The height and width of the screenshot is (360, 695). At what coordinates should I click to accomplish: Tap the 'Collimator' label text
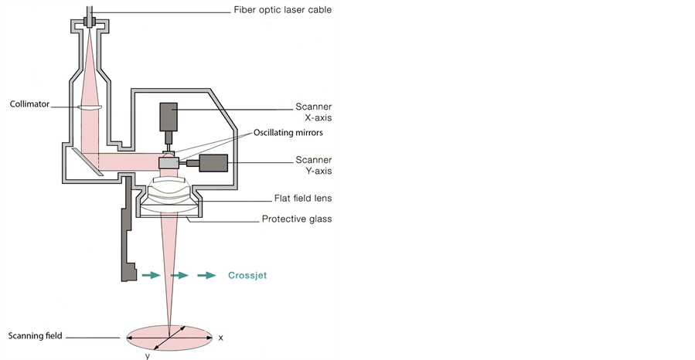pos(31,103)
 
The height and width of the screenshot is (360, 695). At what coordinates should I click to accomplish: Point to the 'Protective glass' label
pos(296,219)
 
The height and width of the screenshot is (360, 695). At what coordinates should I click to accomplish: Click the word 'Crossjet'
pos(247,275)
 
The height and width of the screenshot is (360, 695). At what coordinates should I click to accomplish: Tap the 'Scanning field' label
pos(35,336)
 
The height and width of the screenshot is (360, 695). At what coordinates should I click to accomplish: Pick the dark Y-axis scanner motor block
pos(213,163)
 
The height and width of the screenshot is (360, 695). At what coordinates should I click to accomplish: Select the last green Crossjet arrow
pos(206,274)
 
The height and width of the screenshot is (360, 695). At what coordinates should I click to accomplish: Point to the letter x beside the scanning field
pos(221,338)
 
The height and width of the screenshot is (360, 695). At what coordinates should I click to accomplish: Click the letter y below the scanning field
pos(148,355)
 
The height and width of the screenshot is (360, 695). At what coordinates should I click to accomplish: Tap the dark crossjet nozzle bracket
pos(125,232)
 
